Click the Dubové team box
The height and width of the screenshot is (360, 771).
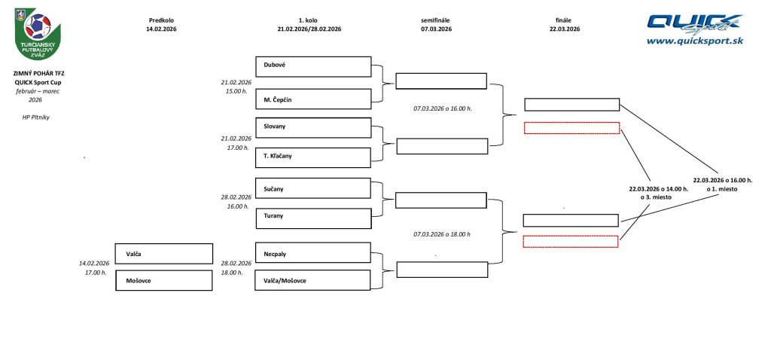[x=313, y=66]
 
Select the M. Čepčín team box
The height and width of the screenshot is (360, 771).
[x=313, y=99]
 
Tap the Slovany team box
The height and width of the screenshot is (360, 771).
[x=313, y=127]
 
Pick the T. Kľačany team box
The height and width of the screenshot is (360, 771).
[x=313, y=157]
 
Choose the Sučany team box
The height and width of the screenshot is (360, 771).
[x=313, y=188]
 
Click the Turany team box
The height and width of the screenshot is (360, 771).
[x=313, y=218]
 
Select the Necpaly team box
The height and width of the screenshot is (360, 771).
[x=313, y=252]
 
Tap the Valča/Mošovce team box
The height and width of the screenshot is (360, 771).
[x=313, y=280]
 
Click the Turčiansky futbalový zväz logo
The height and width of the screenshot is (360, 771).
[x=37, y=33]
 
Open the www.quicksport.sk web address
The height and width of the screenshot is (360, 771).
[x=694, y=41]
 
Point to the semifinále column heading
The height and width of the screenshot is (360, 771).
[x=436, y=20]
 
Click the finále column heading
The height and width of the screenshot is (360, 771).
[x=565, y=20]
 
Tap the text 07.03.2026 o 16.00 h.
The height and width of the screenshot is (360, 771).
[x=442, y=109]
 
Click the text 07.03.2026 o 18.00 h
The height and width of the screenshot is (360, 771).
[x=442, y=234]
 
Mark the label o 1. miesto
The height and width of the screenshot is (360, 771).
[x=721, y=189]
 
